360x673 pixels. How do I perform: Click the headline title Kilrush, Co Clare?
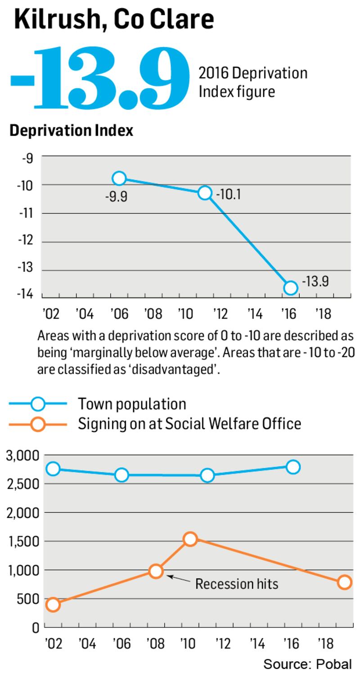pos(113,20)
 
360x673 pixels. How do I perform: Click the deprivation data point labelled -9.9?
pos(119,178)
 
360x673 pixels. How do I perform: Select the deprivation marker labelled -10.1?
pos(205,193)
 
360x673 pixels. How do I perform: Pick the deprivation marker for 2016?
pos(291,287)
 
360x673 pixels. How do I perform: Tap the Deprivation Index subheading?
pos(71,131)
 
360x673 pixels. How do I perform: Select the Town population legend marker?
pos(38,404)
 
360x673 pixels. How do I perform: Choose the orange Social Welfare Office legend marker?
pos(38,424)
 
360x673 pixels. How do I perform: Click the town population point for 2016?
pos(293,467)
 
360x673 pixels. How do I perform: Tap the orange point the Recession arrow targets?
pos(156,571)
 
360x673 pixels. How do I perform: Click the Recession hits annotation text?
pos(237,584)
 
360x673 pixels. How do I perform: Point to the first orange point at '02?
pos(53,605)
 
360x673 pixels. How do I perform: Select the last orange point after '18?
pos(345,583)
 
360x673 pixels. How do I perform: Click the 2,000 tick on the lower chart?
pos(22,513)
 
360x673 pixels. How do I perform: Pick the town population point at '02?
pos(53,469)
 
